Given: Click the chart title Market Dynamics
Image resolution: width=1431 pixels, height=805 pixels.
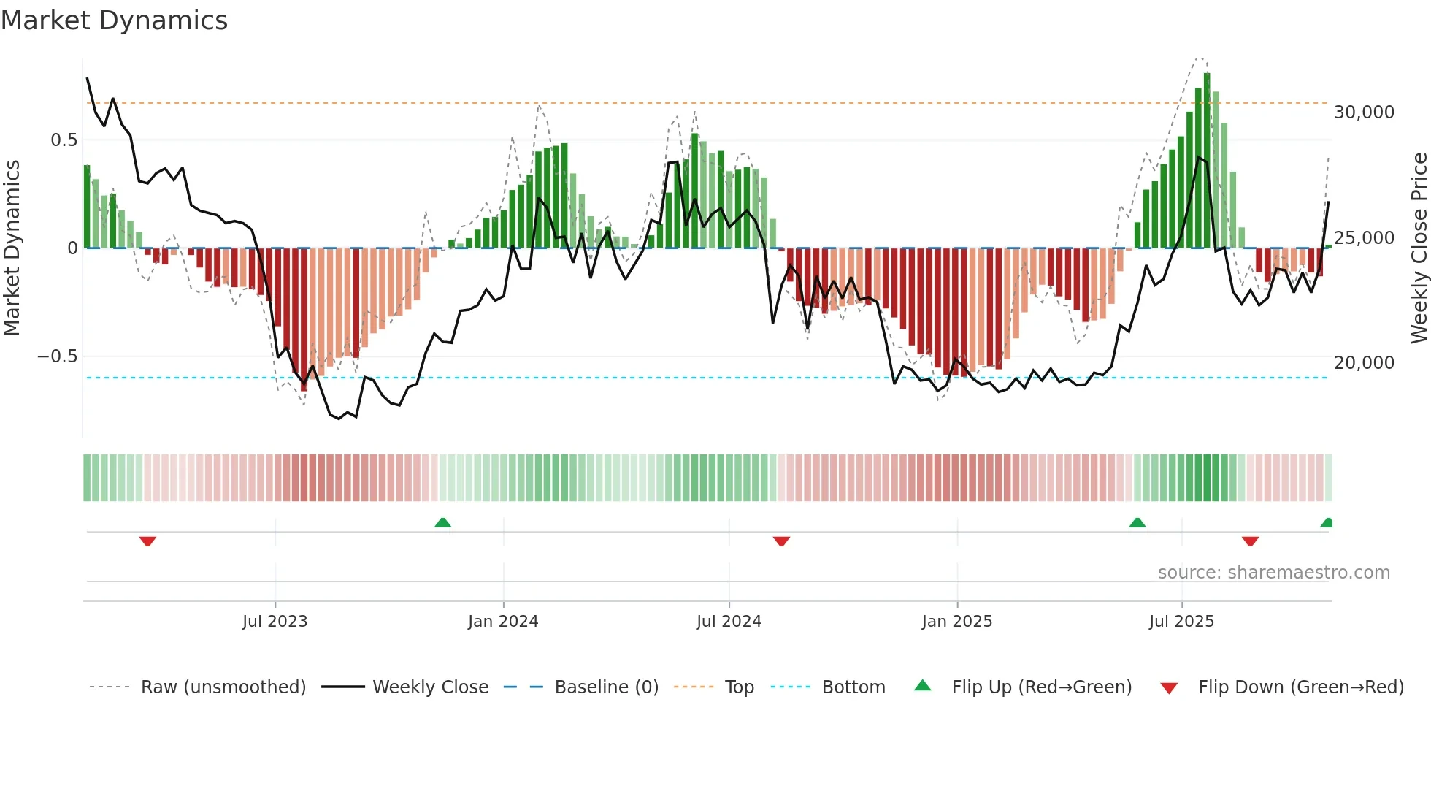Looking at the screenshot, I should point(114,20).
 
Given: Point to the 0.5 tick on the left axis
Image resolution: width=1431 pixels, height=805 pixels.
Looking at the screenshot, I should point(64,140).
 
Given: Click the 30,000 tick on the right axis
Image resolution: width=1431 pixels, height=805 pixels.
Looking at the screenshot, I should point(1364,112).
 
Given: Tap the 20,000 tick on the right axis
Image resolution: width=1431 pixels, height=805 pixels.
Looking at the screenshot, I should point(1364,363).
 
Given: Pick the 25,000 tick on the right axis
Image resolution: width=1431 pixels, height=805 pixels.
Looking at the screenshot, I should point(1364,238).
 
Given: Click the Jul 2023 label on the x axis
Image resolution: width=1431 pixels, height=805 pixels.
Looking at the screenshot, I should point(275,622).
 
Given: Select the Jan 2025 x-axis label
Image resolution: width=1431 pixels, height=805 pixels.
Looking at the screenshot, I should point(956,622).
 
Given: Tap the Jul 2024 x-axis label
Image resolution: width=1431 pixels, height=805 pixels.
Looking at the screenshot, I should point(729,622).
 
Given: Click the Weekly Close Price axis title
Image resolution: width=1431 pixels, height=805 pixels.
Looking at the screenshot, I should point(1419,248).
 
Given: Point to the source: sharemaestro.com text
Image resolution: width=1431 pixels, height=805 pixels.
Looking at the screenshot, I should point(1273,573).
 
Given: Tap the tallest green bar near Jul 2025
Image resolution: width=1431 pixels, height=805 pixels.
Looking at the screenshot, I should point(1207,161).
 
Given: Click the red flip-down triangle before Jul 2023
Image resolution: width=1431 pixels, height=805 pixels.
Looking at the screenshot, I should point(147,541).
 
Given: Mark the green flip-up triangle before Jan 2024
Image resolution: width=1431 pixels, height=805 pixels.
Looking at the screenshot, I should point(442,522).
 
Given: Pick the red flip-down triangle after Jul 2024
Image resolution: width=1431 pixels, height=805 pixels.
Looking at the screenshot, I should point(781,541).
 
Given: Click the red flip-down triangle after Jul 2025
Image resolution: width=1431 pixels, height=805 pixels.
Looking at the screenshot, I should point(1250,541).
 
